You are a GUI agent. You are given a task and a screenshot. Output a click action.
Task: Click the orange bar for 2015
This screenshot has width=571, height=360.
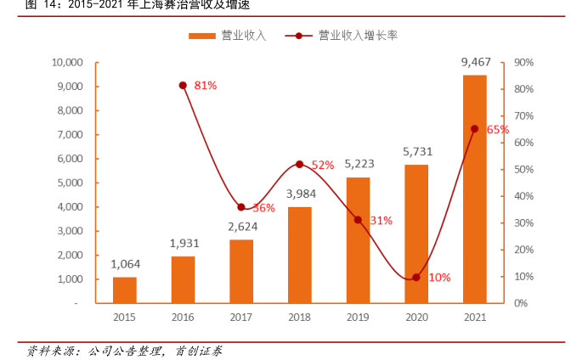125,290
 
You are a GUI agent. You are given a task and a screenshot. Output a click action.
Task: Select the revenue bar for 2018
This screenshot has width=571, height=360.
300,255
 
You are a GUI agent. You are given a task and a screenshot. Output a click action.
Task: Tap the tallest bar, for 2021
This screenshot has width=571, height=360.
475,188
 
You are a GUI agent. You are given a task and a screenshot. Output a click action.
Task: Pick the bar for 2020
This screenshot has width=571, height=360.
416,233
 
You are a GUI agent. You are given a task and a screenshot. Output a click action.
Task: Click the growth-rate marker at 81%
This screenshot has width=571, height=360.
183,85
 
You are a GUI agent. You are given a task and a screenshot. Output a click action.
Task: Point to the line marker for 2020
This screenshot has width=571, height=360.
416,277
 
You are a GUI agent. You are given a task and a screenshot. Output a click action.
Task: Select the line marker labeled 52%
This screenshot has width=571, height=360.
299,164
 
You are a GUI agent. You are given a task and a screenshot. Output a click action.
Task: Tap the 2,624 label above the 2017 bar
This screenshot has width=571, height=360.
241,226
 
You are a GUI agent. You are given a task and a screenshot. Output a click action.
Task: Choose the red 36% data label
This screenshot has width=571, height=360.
263,208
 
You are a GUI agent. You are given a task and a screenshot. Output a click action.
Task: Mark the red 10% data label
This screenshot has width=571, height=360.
439,278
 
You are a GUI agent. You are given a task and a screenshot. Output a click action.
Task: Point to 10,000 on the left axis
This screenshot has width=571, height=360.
66,62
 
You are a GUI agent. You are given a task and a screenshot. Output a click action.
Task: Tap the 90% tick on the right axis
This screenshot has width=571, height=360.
523,62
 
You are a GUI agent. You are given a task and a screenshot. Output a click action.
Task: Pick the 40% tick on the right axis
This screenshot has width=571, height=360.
523,196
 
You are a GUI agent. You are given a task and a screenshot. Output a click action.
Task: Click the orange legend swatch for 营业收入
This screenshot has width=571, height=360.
201,36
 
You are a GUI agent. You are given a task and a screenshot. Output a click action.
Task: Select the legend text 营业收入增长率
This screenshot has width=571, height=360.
359,36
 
